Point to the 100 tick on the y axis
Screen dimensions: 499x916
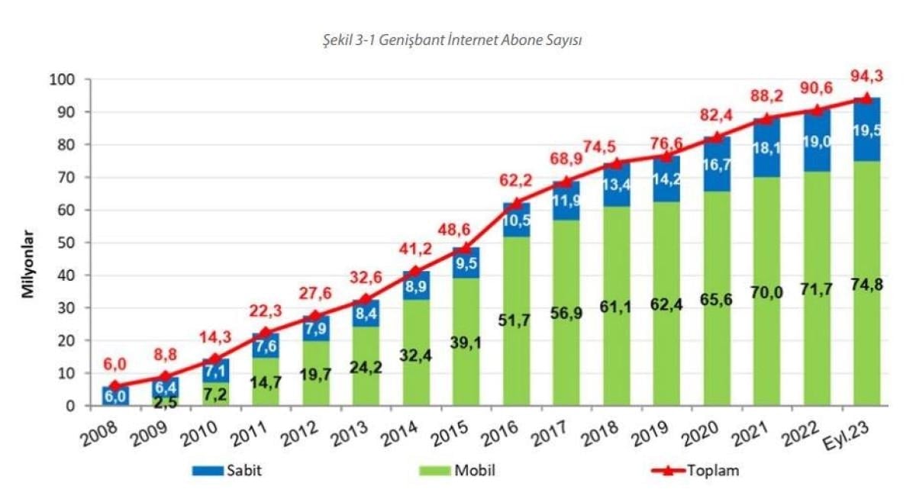click(x=60, y=79)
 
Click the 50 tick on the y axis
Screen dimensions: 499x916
click(x=64, y=243)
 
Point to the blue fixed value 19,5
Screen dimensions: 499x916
click(x=866, y=130)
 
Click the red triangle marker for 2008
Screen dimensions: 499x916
click(x=114, y=385)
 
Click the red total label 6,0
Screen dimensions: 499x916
click(x=114, y=364)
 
